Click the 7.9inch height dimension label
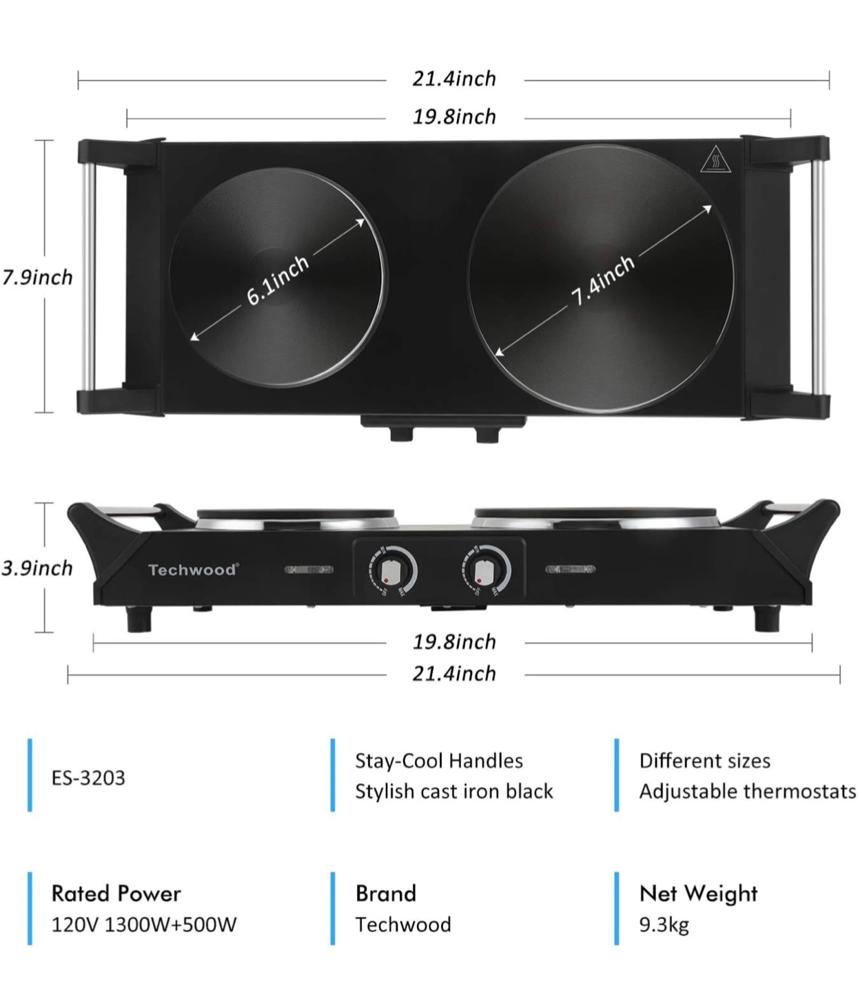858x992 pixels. point(37,278)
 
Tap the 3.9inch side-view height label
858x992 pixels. point(37,568)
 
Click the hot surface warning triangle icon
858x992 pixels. point(715,159)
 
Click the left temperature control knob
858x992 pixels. point(392,571)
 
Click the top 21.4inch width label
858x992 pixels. point(454,79)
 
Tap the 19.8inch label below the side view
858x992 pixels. point(454,642)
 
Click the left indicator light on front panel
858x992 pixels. point(309,570)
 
